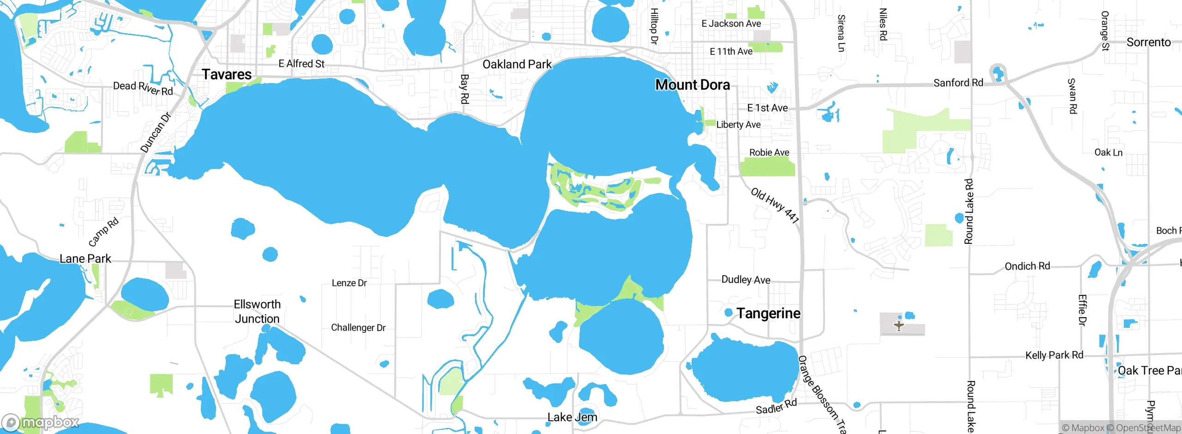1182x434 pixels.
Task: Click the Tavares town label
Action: [227, 75]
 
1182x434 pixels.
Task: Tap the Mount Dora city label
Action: [693, 85]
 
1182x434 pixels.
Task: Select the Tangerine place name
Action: [768, 313]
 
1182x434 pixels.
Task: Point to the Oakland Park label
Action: [517, 65]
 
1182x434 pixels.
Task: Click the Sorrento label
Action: [1148, 42]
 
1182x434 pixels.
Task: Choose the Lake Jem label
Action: [572, 417]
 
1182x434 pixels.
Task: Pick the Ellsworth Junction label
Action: [257, 312]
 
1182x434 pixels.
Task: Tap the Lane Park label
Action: [85, 259]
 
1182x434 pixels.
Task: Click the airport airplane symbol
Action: [899, 326]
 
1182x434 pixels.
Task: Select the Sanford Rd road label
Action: [958, 83]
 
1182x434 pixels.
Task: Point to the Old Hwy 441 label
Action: [775, 205]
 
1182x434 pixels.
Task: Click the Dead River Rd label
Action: [143, 88]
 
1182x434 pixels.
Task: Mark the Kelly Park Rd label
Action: [1054, 356]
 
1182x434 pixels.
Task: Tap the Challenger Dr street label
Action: [358, 328]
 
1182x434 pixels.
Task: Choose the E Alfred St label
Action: [302, 64]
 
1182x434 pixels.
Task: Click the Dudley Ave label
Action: [746, 280]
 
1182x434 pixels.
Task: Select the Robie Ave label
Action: [769, 152]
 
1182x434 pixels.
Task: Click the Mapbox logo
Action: [41, 422]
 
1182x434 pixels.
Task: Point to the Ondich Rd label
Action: [1027, 266]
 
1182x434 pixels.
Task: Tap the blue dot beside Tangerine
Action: [729, 313]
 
